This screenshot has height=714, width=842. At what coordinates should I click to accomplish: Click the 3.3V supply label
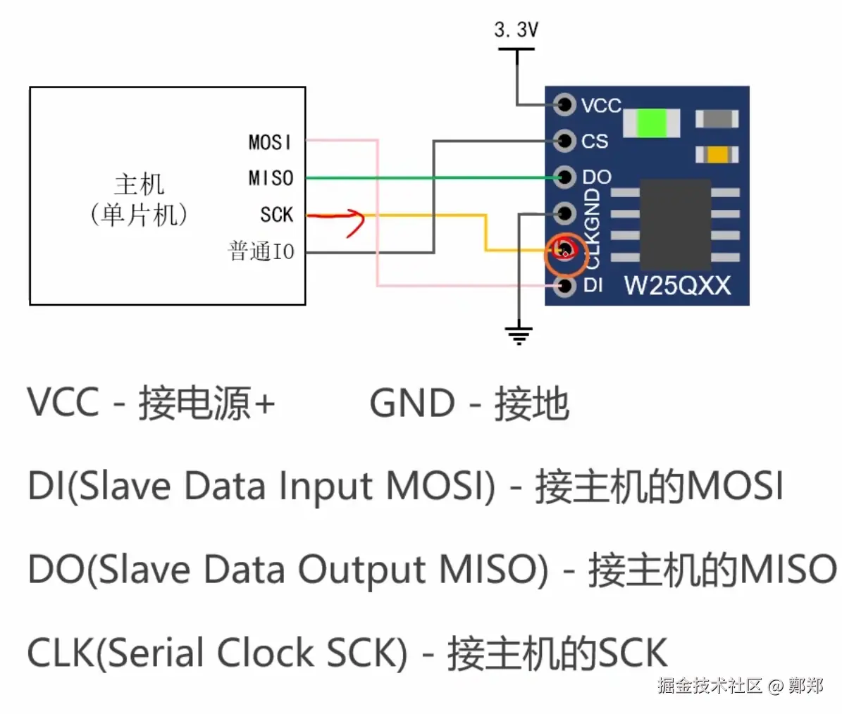click(516, 30)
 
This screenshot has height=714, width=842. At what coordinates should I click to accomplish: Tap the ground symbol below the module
click(519, 334)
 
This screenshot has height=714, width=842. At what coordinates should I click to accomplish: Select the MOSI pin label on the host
click(270, 142)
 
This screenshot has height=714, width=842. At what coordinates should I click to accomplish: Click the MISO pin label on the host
click(271, 178)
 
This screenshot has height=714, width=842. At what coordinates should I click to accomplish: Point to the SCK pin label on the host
click(276, 215)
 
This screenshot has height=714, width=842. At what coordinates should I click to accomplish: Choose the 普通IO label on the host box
click(261, 251)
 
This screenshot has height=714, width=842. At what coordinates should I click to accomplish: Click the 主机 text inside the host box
click(139, 184)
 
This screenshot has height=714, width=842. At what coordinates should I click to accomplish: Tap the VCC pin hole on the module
click(564, 104)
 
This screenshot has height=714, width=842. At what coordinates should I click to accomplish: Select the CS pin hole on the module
click(564, 141)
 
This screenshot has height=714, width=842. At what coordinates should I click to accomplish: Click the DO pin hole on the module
click(564, 177)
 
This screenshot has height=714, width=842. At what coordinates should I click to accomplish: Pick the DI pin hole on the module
click(564, 285)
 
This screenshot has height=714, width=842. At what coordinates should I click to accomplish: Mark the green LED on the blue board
click(652, 123)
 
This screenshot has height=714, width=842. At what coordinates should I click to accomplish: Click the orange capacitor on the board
click(717, 154)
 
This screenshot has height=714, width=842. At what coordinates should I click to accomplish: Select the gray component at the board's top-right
click(717, 119)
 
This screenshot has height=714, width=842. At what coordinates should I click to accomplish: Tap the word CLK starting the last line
click(61, 652)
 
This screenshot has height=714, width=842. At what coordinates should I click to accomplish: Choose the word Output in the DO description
click(361, 570)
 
